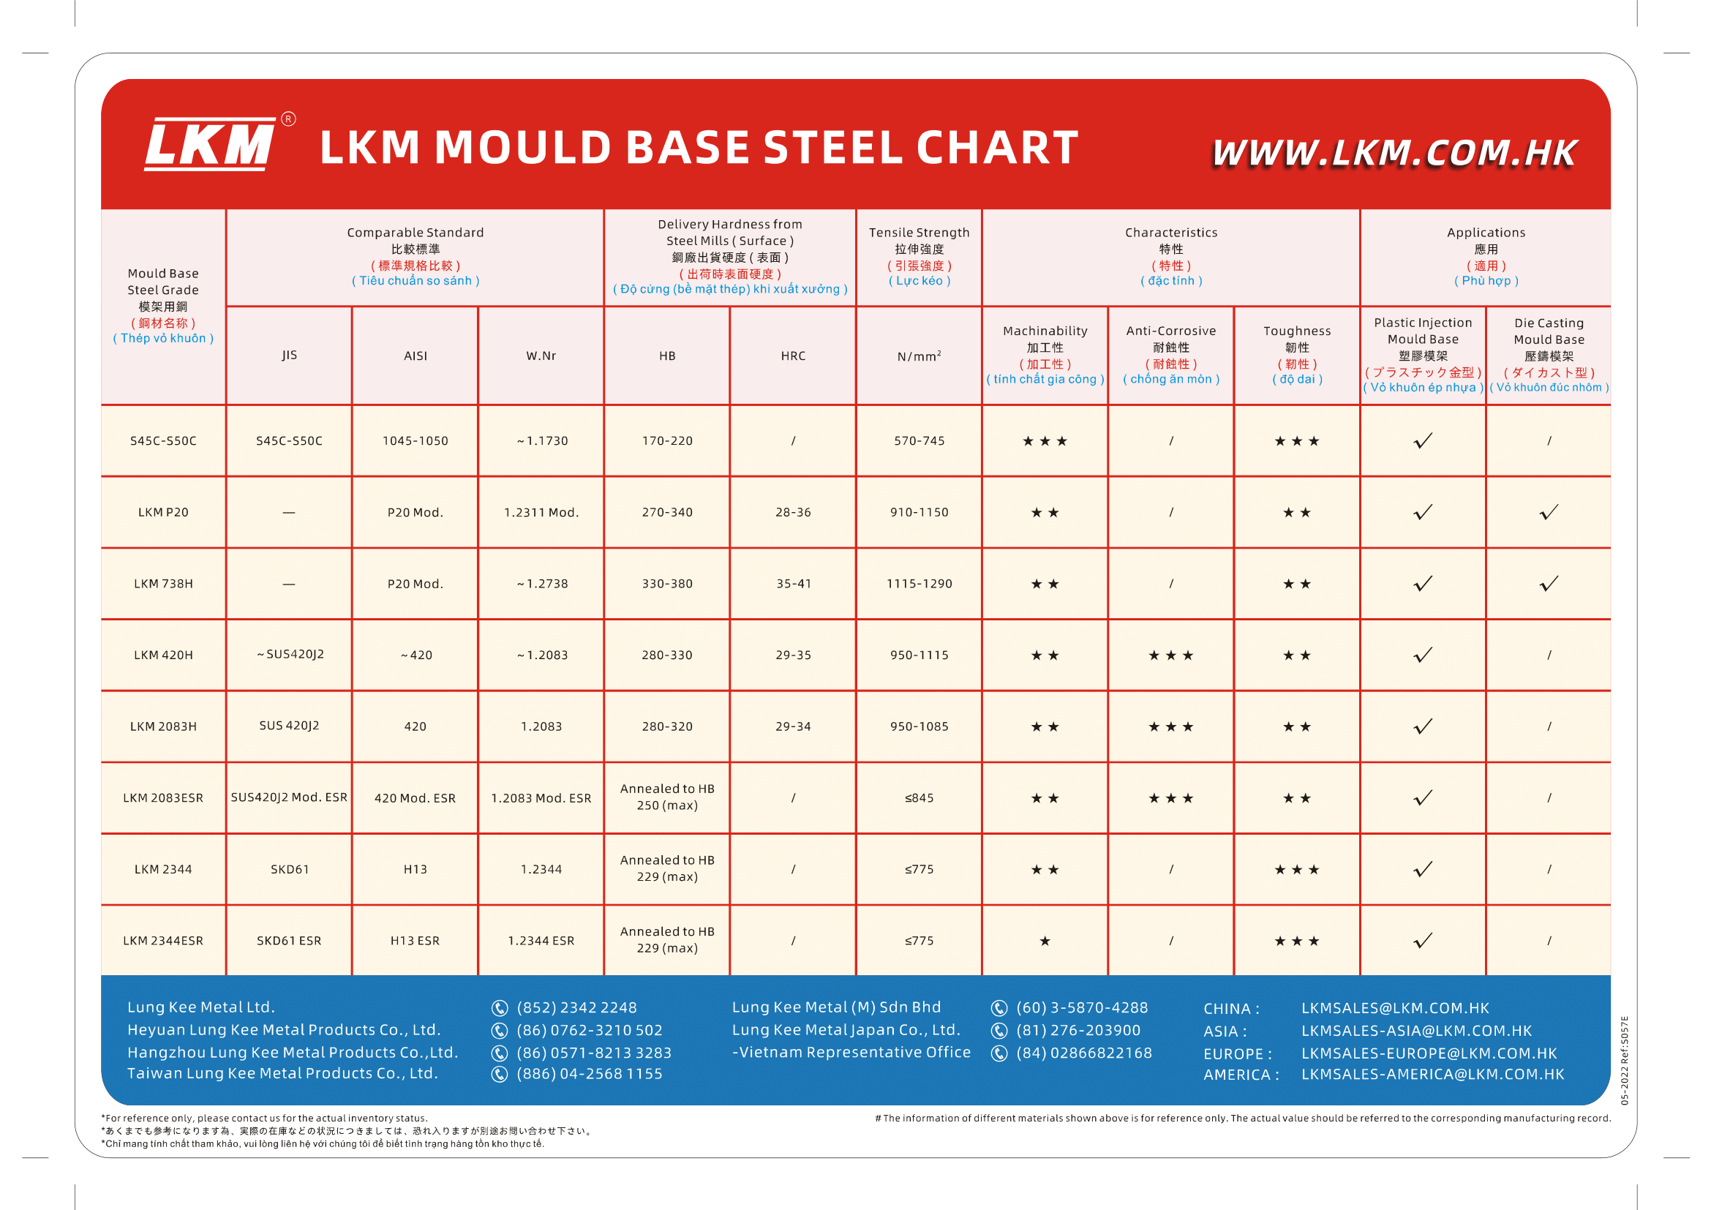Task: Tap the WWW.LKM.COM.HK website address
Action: click(x=1394, y=154)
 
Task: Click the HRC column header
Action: click(x=793, y=356)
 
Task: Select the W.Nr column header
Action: click(x=541, y=356)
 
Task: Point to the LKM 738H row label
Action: click(x=163, y=584)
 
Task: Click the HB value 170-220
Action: click(x=667, y=441)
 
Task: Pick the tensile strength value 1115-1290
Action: click(x=919, y=584)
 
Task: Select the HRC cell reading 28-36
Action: click(x=793, y=513)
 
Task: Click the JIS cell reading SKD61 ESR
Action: click(x=289, y=941)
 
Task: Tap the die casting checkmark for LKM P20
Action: click(x=1549, y=513)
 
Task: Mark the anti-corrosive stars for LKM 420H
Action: click(x=1170, y=655)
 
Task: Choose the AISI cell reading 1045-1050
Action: click(x=415, y=441)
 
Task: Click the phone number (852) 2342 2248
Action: click(x=576, y=1008)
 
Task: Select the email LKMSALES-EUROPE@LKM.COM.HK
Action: click(x=1429, y=1053)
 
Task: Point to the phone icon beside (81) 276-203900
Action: click(x=999, y=1031)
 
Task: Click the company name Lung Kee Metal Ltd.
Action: click(x=201, y=1007)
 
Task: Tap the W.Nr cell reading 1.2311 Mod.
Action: click(x=541, y=513)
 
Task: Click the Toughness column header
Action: click(x=1297, y=331)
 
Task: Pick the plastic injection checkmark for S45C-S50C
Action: click(x=1423, y=441)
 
